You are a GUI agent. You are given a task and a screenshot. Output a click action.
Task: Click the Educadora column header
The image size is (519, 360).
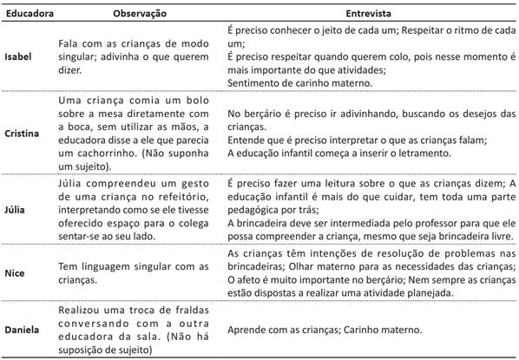tap(30, 13)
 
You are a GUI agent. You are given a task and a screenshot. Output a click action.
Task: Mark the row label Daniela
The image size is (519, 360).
tap(23, 331)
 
